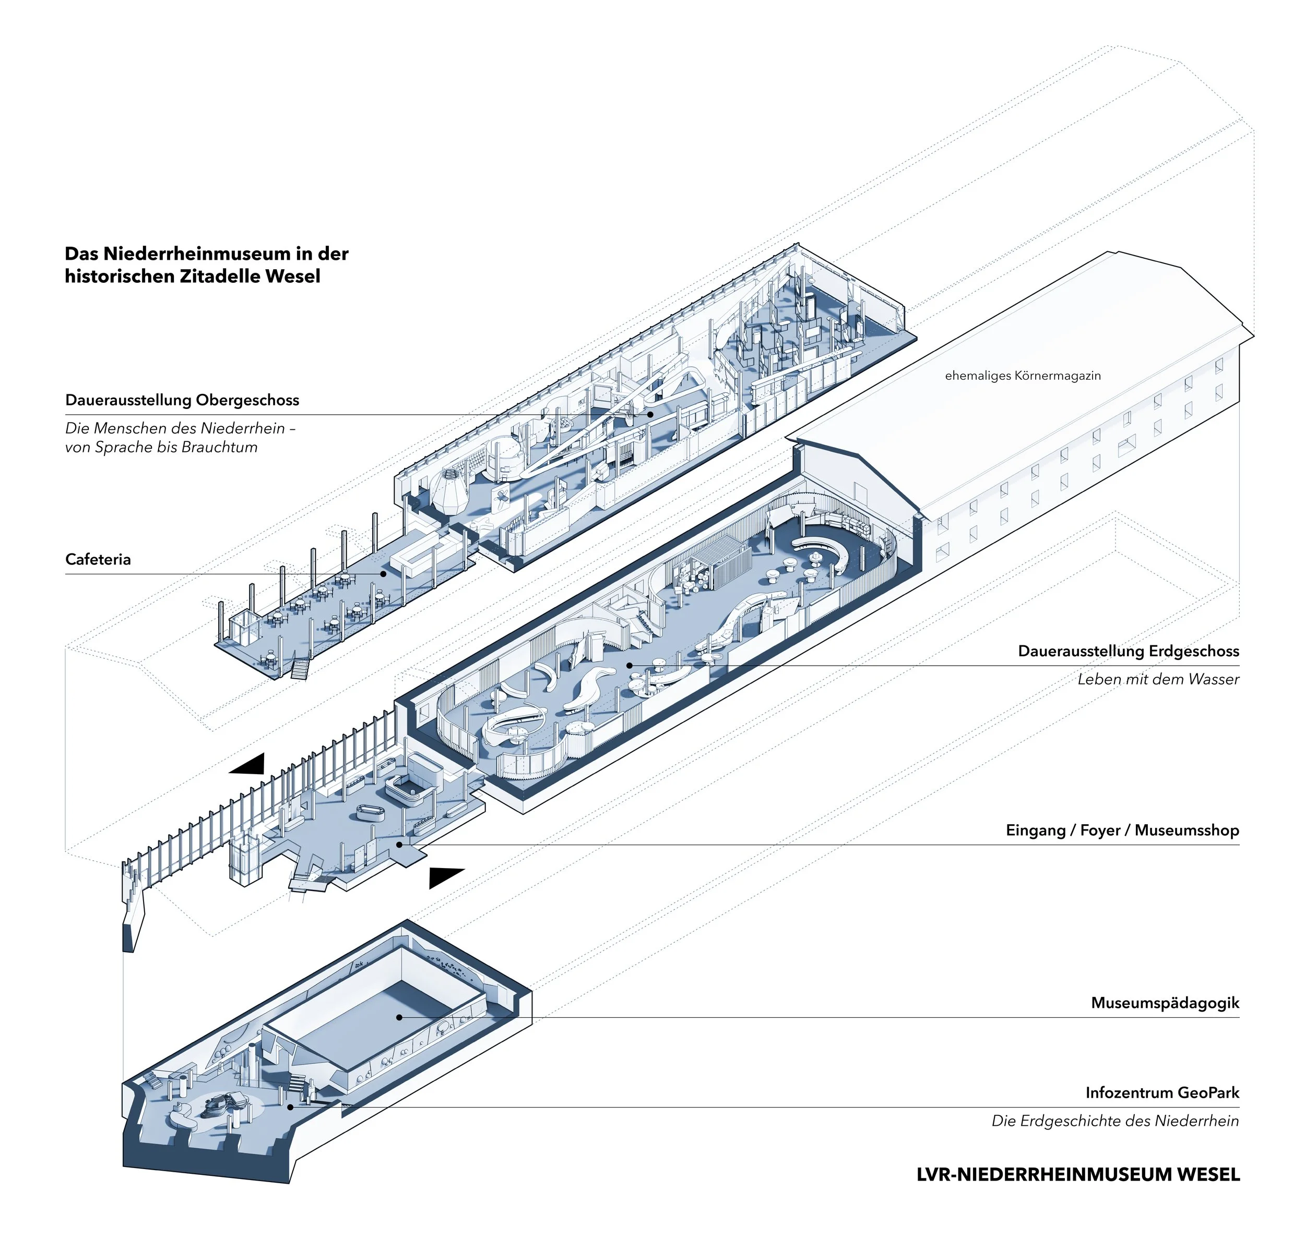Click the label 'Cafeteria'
pyautogui.click(x=98, y=559)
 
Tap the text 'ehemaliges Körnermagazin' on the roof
pyautogui.click(x=1022, y=376)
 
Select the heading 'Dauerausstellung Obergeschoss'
pyautogui.click(x=182, y=400)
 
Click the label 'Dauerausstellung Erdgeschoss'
pyautogui.click(x=1128, y=651)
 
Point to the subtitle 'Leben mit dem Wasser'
pyautogui.click(x=1158, y=679)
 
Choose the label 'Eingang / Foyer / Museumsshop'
pyautogui.click(x=1122, y=830)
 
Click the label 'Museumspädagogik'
pyautogui.click(x=1164, y=1003)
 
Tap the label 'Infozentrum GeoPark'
pyautogui.click(x=1161, y=1093)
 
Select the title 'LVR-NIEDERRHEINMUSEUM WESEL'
pyautogui.click(x=1078, y=1175)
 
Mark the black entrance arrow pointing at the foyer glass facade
pyautogui.click(x=248, y=764)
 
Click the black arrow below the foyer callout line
pyautogui.click(x=445, y=876)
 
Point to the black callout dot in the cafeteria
pyautogui.click(x=383, y=574)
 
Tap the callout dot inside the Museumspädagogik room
pyautogui.click(x=399, y=1017)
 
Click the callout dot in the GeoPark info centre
pyautogui.click(x=289, y=1107)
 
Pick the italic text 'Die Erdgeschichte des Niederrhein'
pyautogui.click(x=1114, y=1121)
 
